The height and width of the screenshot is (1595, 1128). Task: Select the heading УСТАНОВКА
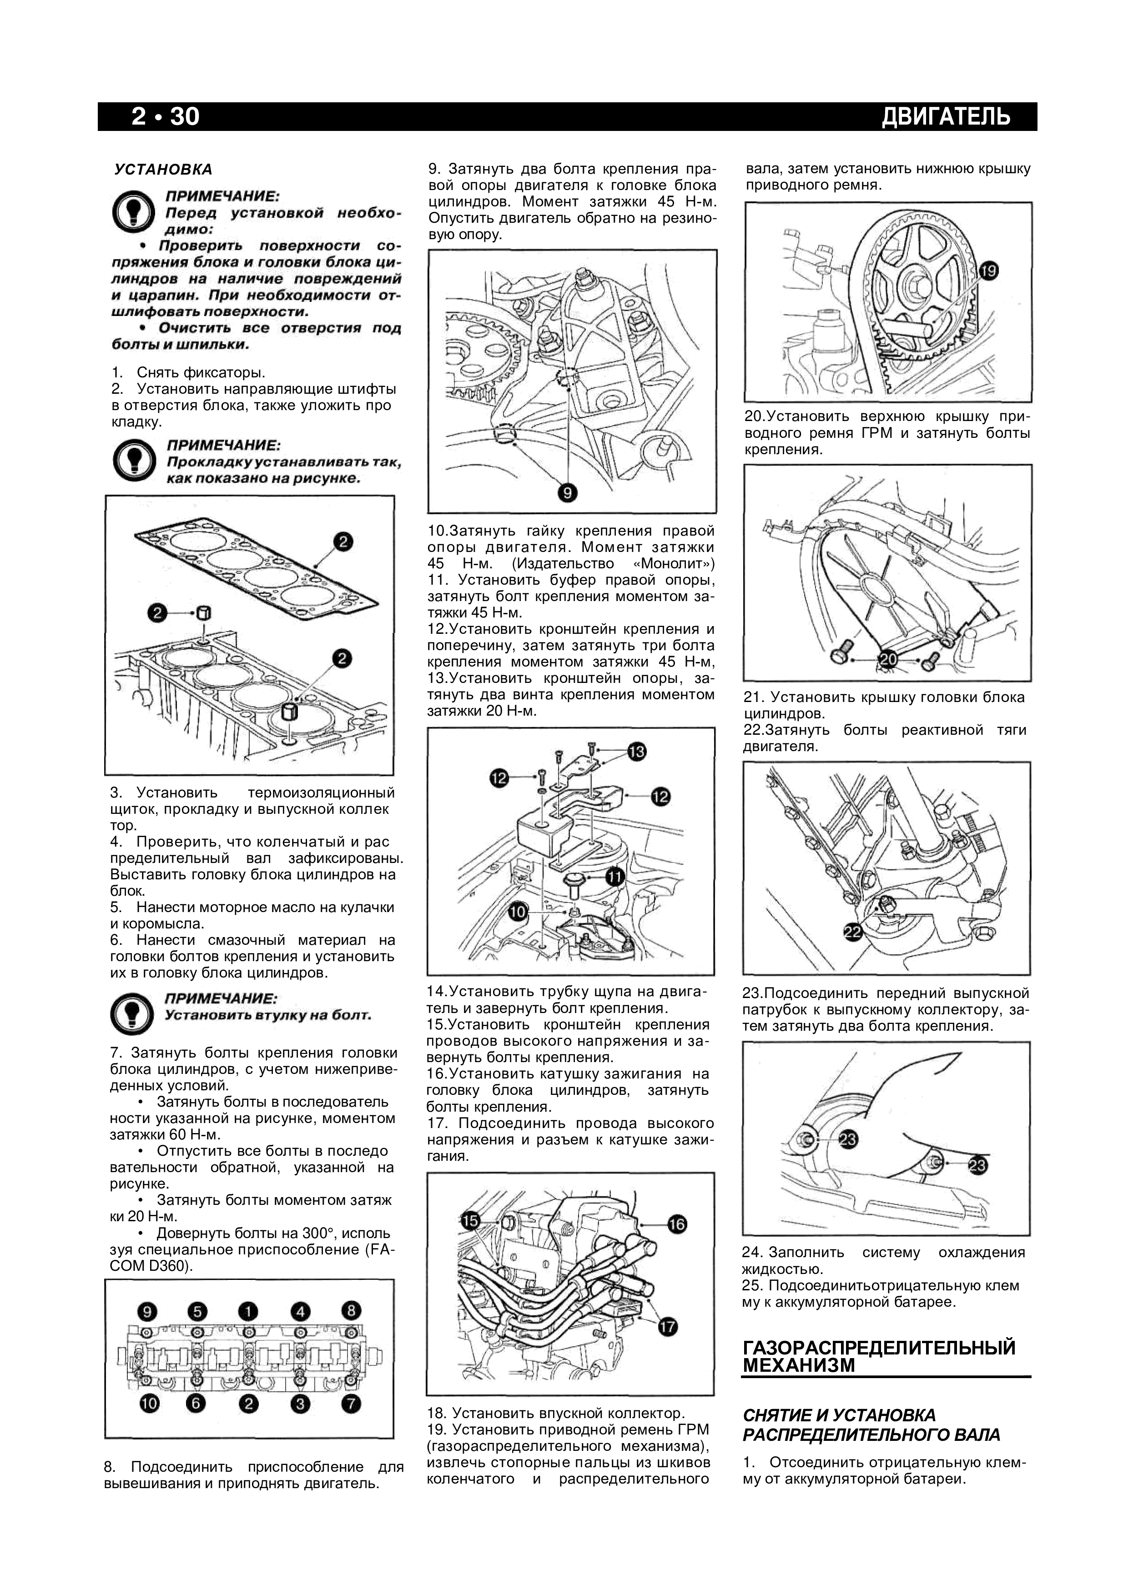(163, 170)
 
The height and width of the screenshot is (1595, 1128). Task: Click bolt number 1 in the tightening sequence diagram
(248, 1312)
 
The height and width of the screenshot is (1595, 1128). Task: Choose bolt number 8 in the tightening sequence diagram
(351, 1310)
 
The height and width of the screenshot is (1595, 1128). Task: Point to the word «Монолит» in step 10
(674, 563)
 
